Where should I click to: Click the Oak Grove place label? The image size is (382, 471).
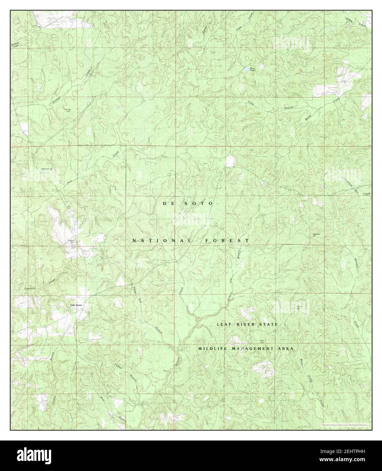tap(76, 305)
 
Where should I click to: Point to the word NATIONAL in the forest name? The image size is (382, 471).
tap(162, 241)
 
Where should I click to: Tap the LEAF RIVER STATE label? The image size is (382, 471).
tap(247, 324)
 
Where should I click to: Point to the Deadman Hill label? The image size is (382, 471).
tap(317, 235)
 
